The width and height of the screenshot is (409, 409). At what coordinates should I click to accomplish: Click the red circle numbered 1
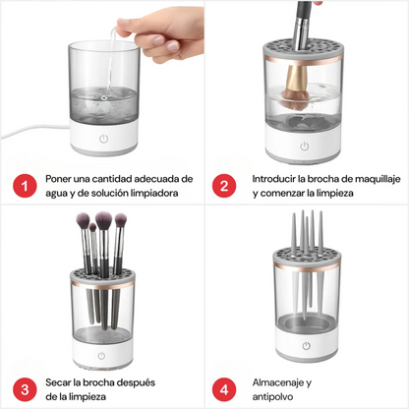click(21, 186)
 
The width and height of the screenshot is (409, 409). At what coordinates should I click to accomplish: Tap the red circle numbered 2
click(225, 186)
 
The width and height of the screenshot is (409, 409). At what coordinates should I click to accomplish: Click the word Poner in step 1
click(61, 179)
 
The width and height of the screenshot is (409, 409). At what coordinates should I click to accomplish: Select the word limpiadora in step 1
click(162, 194)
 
